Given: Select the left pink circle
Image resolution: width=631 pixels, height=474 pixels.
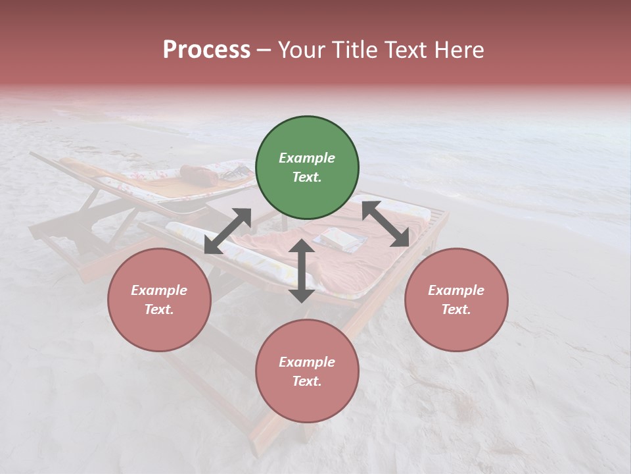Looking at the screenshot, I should coord(159,300).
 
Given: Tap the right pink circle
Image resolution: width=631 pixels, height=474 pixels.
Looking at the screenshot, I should coord(456,300).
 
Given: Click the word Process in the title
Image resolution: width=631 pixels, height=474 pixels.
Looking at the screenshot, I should coord(206,50).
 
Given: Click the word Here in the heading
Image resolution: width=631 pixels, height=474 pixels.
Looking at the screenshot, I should coord(459,50).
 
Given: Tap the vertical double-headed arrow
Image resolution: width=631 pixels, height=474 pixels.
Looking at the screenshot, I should coord(302,271).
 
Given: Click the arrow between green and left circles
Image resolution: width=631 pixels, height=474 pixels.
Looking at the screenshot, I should coord(227,231).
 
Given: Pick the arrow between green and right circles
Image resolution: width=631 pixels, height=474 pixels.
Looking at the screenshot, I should coord(385,224).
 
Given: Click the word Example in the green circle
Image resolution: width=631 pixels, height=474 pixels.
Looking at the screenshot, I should coord(307,158).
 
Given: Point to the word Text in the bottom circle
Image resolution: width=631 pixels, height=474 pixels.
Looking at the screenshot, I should coord(307,381).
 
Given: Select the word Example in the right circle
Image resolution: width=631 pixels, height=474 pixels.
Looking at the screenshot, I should coord(456,290).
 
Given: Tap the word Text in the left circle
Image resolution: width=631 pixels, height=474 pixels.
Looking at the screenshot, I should coord(159,309).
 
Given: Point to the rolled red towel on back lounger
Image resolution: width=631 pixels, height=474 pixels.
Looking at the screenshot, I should coord(199,174).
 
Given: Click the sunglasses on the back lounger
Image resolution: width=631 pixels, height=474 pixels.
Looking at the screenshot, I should coord(235,173).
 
